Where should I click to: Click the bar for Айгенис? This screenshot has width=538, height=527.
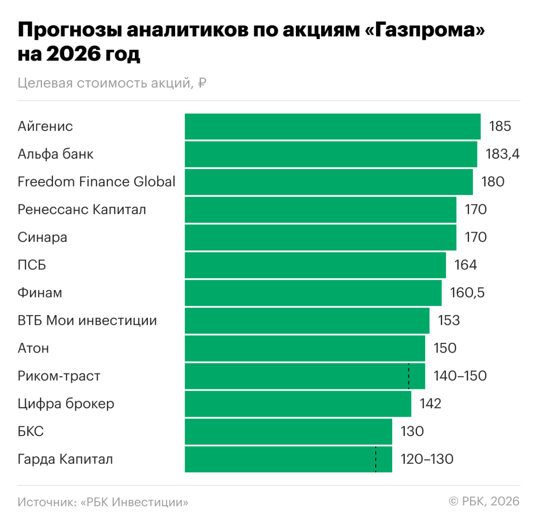click(x=332, y=126)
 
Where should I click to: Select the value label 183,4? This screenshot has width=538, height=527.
click(x=502, y=154)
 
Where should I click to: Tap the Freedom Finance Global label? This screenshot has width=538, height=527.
click(x=96, y=182)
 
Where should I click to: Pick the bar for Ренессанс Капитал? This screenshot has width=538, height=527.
click(x=320, y=210)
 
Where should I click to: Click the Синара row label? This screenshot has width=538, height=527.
click(x=42, y=238)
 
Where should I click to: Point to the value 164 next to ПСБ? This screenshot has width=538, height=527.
click(x=465, y=265)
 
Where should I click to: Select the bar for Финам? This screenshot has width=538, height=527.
click(x=313, y=293)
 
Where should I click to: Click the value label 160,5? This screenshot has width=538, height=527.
click(x=467, y=293)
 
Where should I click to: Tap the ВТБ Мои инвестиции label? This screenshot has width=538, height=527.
click(x=87, y=321)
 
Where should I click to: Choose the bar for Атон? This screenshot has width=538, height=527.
click(x=305, y=349)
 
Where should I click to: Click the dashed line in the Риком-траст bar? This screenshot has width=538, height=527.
click(x=408, y=376)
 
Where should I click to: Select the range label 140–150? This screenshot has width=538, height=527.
click(x=460, y=376)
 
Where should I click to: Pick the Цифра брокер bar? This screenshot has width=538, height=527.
click(x=298, y=404)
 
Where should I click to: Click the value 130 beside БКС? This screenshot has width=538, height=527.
click(x=412, y=432)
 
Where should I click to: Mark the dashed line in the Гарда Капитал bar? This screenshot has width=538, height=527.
click(x=376, y=459)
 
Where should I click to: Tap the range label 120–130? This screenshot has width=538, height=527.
click(x=427, y=459)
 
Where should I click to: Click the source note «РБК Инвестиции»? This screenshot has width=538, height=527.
click(x=134, y=502)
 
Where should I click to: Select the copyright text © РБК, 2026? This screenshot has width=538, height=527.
click(x=484, y=501)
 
